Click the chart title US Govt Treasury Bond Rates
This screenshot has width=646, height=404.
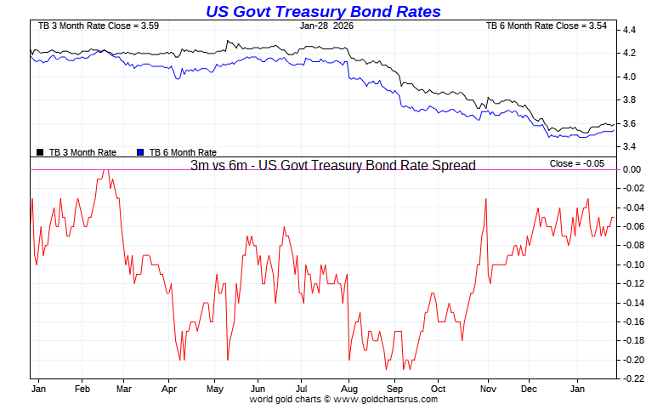(x=323, y=11)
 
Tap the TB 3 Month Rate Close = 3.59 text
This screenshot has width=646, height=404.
(x=87, y=26)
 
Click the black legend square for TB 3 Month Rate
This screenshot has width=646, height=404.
(x=40, y=152)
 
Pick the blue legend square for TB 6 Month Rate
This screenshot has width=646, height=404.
(x=140, y=152)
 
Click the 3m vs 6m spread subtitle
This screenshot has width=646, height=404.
(x=332, y=165)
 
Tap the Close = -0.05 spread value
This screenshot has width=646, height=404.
(x=577, y=163)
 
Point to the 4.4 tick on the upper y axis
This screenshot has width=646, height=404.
(x=630, y=30)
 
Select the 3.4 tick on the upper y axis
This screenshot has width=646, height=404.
(x=630, y=146)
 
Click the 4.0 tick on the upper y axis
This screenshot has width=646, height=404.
(x=630, y=77)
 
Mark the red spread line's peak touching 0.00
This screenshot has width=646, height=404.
(x=105, y=170)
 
